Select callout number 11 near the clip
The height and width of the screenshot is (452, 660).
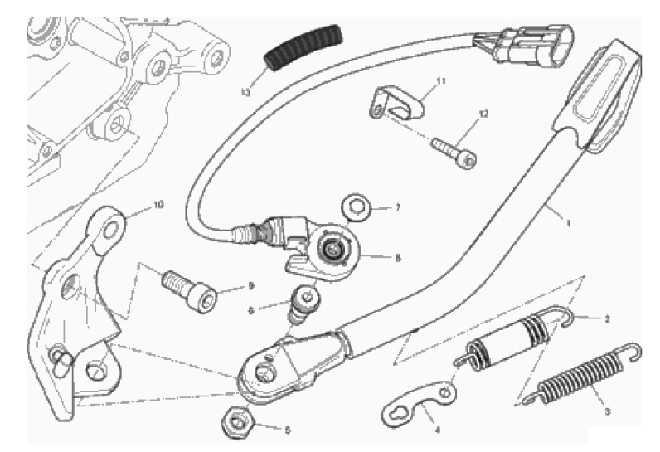[440, 81]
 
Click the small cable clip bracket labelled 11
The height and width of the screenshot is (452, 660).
[396, 105]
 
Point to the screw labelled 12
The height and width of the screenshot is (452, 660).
[454, 152]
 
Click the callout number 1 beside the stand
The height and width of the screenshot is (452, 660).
[568, 222]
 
